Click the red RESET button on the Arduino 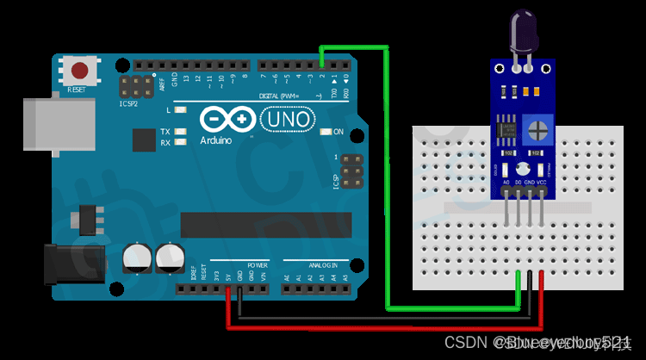(x=81, y=70)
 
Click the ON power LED (x=326, y=132)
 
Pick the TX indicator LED (x=180, y=132)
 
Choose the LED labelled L (x=180, y=111)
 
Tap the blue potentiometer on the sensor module (x=537, y=130)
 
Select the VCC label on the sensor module (x=542, y=183)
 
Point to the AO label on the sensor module (x=506, y=183)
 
